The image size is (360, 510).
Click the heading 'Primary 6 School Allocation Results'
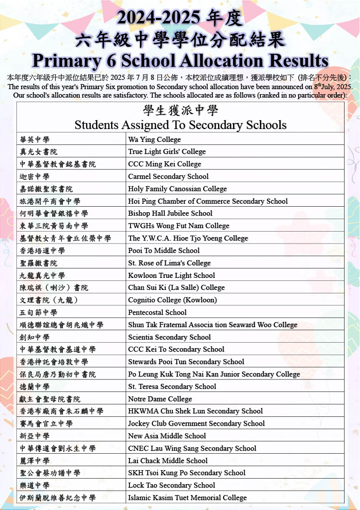[x=180, y=61]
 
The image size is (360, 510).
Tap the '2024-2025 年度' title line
[x=180, y=18]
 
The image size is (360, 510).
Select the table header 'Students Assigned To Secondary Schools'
[x=180, y=125]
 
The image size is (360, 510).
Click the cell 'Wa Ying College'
[x=154, y=139]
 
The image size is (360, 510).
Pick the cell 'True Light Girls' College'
[x=167, y=151]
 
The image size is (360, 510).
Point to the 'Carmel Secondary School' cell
[x=168, y=176]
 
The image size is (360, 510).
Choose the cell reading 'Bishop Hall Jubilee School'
[x=170, y=213]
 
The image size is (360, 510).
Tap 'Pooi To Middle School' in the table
[x=164, y=251]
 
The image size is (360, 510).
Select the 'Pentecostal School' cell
[x=157, y=312]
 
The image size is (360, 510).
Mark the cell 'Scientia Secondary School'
[x=169, y=337]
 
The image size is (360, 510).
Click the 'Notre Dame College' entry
[x=160, y=399]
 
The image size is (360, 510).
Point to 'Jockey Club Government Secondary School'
[x=196, y=423]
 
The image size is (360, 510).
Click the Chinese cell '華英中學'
[x=35, y=139]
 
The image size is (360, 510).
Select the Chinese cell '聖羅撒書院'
[x=39, y=263]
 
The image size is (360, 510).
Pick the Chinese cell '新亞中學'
[x=35, y=436]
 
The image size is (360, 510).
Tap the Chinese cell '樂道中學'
[x=35, y=485]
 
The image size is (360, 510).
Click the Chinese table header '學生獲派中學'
[x=180, y=110]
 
